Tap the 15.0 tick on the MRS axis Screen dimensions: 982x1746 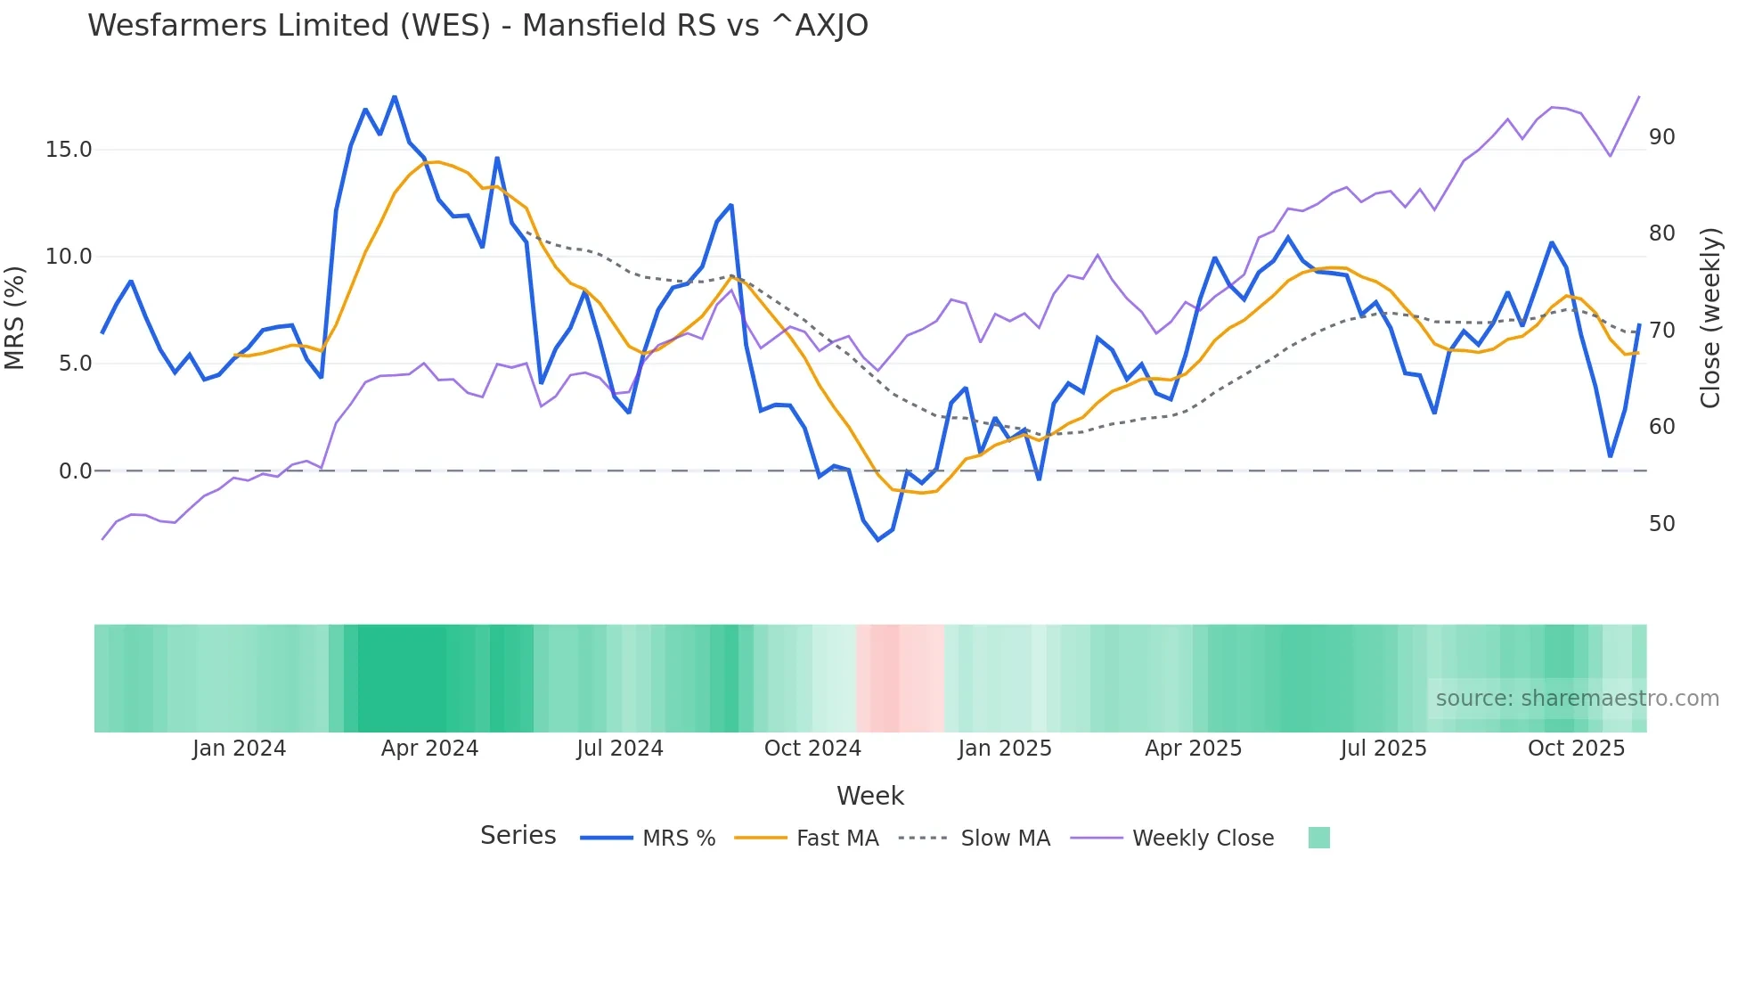[x=69, y=150]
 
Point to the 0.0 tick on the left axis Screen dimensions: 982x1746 [x=75, y=471]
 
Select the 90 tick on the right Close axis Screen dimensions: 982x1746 [x=1661, y=137]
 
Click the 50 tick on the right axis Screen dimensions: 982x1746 [x=1661, y=524]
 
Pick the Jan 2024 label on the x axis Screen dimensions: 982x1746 [x=239, y=749]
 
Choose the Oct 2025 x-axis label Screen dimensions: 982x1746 [x=1576, y=749]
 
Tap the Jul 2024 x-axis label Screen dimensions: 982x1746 [x=620, y=749]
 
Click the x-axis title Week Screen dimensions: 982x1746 [x=869, y=796]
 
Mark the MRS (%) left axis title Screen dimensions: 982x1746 [x=15, y=318]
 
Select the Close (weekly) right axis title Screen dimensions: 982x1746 [x=1709, y=318]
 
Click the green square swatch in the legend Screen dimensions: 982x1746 [x=1318, y=838]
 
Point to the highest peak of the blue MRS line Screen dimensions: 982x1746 [x=395, y=97]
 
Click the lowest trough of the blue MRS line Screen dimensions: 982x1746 [x=877, y=540]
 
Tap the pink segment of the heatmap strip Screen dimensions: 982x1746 [x=898, y=678]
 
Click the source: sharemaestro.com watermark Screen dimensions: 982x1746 [x=1577, y=699]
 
